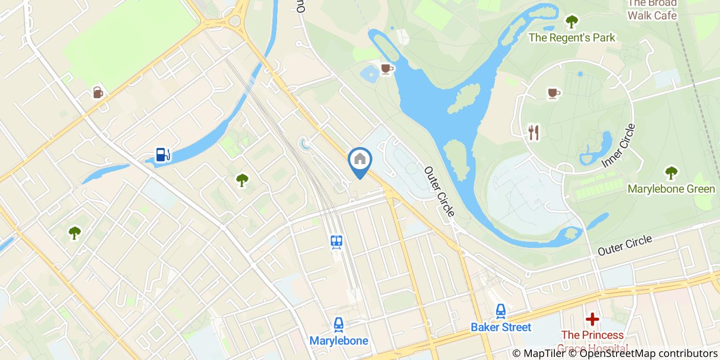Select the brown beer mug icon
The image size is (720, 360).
pyautogui.click(x=98, y=92)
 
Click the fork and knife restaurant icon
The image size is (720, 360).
pyautogui.click(x=534, y=133)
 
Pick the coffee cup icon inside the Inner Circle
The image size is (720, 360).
pyautogui.click(x=553, y=93)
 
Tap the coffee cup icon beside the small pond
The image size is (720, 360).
pyautogui.click(x=387, y=68)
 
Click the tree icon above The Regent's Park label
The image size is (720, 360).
pyautogui.click(x=571, y=22)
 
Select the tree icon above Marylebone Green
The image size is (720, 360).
pyautogui.click(x=671, y=173)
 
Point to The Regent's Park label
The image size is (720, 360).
pyautogui.click(x=572, y=38)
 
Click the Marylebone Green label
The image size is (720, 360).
pyautogui.click(x=671, y=189)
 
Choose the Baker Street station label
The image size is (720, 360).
pyautogui.click(x=501, y=327)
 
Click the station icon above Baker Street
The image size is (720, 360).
pyautogui.click(x=500, y=311)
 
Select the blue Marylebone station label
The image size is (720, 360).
pyautogui.click(x=338, y=340)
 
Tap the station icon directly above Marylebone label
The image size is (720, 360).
pyautogui.click(x=338, y=325)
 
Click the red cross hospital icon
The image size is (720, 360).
pyautogui.click(x=592, y=319)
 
